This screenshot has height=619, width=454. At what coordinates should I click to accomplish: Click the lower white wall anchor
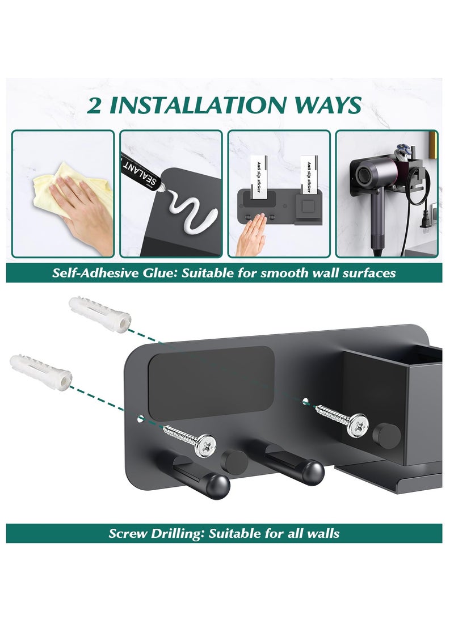40,369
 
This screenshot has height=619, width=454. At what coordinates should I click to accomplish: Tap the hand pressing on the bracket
253,238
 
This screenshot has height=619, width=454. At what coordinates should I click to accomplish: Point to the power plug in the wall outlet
430,224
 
